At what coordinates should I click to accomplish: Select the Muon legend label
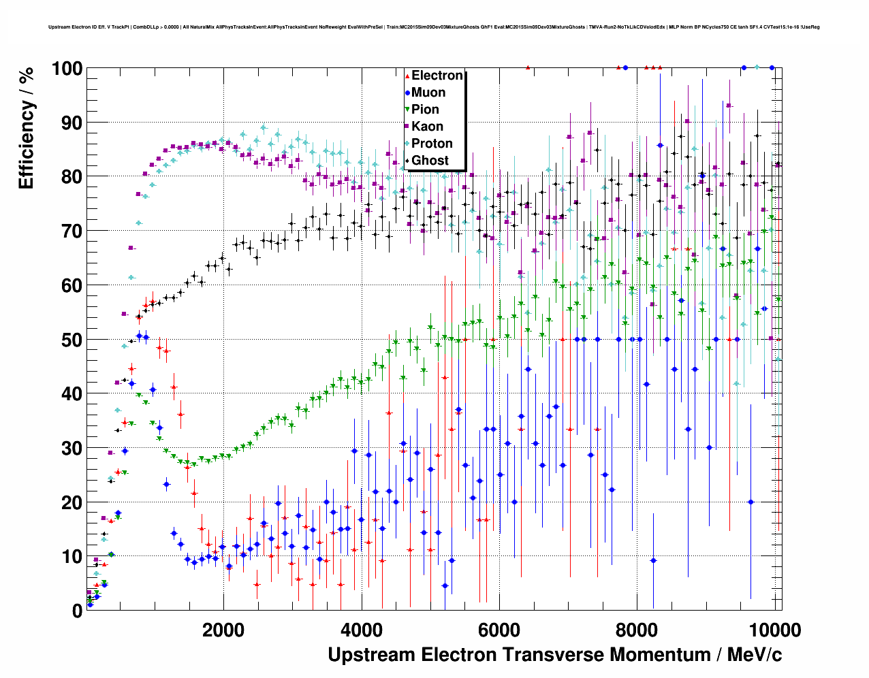pos(428,93)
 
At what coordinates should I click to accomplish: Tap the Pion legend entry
pos(425,110)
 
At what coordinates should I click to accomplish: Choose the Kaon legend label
pos(427,127)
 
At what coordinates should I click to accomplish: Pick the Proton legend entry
pos(432,144)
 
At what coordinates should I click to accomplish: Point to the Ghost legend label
pos(430,161)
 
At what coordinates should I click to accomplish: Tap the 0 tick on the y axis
pos(77,611)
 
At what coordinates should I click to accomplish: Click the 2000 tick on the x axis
pos(223,630)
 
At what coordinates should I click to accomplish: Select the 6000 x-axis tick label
pos(499,630)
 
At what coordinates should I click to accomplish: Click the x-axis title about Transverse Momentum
pos(554,655)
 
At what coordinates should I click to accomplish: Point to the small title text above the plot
pos(434,27)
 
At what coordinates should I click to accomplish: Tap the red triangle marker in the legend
pos(407,76)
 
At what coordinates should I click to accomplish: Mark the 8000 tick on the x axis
pos(637,630)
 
